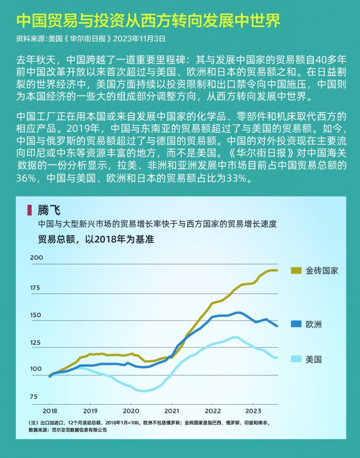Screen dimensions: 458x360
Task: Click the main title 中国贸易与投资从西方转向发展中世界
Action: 148,20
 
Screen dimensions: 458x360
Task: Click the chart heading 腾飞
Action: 49,210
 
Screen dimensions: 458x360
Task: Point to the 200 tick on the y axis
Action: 36,257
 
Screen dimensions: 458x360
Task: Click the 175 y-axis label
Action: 35,288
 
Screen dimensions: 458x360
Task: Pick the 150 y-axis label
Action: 36,315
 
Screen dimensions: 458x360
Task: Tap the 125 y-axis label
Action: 36,343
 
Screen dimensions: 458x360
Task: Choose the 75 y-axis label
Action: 33,397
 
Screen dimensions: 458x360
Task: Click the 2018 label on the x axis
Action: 50,411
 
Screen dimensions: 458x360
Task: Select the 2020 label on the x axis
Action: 131,411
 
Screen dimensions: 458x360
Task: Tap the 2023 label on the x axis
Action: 253,411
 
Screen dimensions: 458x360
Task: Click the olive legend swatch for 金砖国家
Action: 296,270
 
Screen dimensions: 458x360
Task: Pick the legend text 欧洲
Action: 314,324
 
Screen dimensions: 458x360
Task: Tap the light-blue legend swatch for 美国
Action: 296,359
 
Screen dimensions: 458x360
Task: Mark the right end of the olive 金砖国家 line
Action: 277,270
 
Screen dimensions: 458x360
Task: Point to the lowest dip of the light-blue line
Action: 144,391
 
